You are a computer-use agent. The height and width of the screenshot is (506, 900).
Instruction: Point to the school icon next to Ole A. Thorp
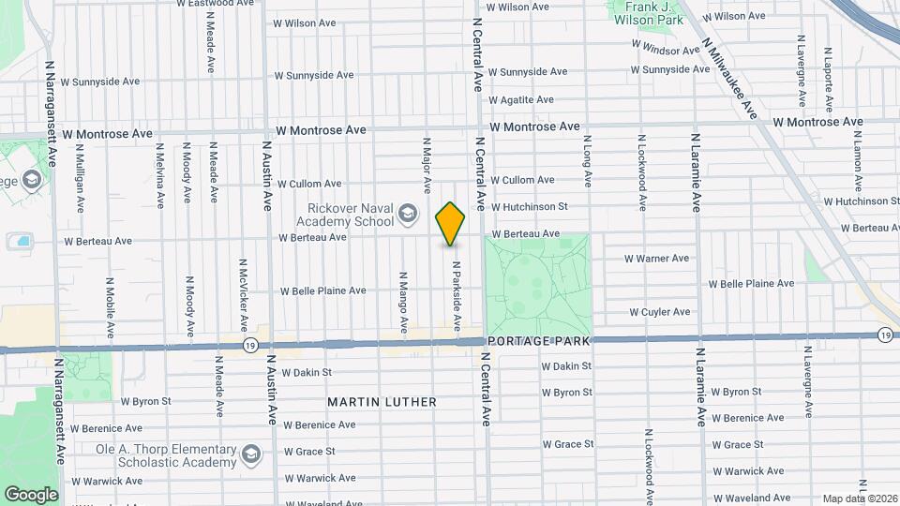(251, 455)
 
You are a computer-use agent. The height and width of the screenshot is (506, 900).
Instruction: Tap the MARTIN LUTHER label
(382, 402)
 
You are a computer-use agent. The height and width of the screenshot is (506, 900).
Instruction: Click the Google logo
(31, 494)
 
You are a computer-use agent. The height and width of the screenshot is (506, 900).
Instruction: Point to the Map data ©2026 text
(860, 499)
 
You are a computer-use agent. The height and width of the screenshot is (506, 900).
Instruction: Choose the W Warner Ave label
(656, 259)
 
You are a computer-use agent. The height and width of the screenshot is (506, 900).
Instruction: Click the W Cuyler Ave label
(659, 312)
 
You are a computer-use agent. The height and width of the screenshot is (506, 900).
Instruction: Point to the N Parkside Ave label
(456, 296)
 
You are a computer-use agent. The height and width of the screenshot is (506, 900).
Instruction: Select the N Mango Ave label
(402, 303)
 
